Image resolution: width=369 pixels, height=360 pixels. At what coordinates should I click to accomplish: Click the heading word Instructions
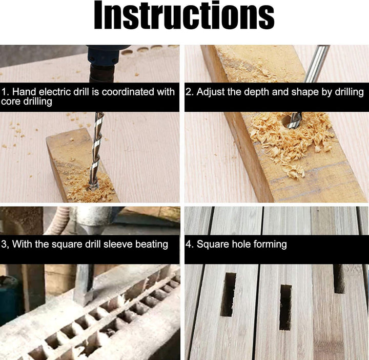point(184,15)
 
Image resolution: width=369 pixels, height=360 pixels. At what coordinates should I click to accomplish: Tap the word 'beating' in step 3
point(152,244)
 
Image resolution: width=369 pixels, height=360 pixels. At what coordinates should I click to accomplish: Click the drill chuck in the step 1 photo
point(102,64)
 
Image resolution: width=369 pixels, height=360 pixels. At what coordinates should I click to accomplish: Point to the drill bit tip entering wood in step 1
point(93,187)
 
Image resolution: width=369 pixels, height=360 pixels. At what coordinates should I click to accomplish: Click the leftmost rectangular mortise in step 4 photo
point(228,294)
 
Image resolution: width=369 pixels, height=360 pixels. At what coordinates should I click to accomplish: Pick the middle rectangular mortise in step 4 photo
point(285,308)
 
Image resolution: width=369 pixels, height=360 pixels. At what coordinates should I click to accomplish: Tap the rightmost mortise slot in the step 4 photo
point(340,279)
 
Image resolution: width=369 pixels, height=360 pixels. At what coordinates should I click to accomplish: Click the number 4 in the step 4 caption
point(188,244)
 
